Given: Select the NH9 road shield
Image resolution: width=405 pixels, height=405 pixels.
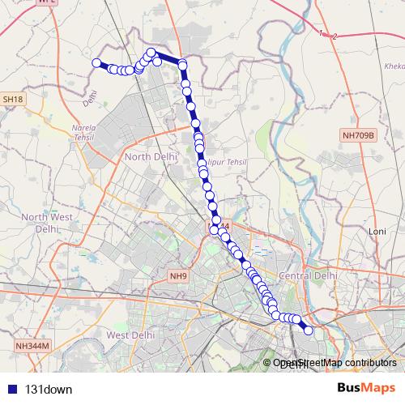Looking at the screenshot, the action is coord(178,276).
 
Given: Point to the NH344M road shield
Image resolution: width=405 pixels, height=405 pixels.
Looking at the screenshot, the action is coord(33,346).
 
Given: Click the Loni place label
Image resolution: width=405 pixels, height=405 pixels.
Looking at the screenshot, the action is coord(377,232).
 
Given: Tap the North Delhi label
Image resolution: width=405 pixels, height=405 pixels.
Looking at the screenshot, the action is coord(150,156).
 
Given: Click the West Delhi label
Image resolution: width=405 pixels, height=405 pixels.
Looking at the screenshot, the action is coord(130,335).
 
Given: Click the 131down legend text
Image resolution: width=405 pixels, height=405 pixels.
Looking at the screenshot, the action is coord(49,389).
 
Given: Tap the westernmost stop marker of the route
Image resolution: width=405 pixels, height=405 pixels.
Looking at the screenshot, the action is coord(96,63).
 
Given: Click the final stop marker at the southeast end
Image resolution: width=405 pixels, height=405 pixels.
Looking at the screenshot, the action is coord(308,329).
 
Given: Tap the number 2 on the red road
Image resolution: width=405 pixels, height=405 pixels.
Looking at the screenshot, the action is coord(334,36).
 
